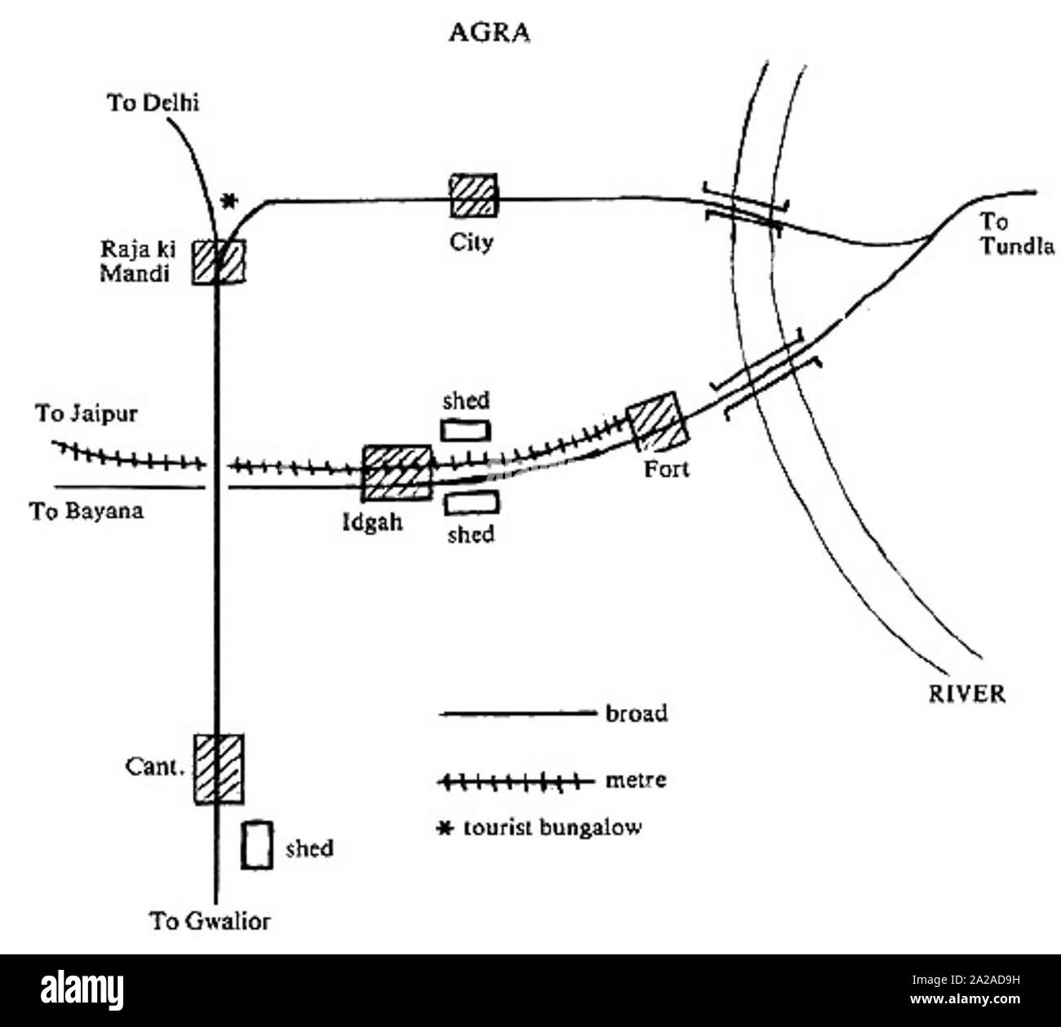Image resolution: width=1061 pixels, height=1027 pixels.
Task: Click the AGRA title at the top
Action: point(490,33)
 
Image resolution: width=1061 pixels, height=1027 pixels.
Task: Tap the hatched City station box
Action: point(474,196)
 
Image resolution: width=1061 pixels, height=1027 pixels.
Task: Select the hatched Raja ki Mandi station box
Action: point(219,261)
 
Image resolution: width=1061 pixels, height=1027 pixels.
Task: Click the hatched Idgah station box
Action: point(396,473)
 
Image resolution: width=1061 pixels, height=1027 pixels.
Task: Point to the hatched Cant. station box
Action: point(218,768)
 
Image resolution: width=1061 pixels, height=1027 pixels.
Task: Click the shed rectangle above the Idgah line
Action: point(465,429)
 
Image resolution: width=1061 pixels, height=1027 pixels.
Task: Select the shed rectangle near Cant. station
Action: point(256,845)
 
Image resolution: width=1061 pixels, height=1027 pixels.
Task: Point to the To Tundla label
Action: point(1016,234)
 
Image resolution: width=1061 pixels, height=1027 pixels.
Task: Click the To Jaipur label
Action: point(86,414)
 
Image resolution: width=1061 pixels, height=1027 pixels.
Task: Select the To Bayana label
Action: point(87,512)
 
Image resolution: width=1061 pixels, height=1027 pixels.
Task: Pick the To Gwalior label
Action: point(210,922)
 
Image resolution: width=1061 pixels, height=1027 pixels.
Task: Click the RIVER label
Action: point(967,694)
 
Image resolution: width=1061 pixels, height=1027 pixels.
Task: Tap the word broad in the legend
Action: point(637,714)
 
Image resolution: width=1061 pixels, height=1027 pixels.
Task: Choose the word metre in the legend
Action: point(636,780)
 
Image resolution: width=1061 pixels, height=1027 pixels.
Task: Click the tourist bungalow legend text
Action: point(553,828)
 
